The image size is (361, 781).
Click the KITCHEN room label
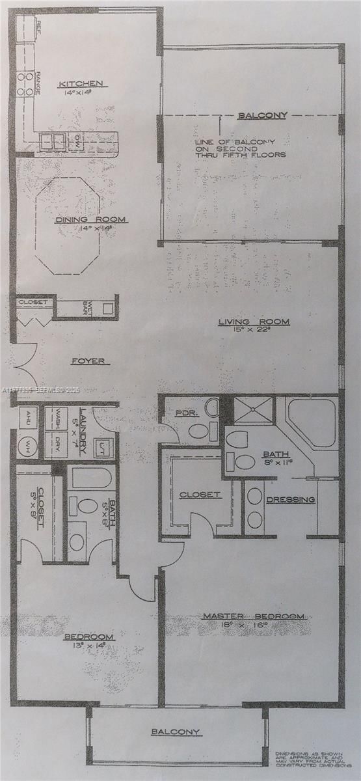point(81,83)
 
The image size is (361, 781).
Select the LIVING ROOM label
point(254,322)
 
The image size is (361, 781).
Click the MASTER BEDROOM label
point(253,616)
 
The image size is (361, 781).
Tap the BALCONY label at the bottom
point(175,732)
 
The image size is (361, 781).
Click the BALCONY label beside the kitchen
point(262,116)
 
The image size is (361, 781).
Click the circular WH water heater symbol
point(28,446)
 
